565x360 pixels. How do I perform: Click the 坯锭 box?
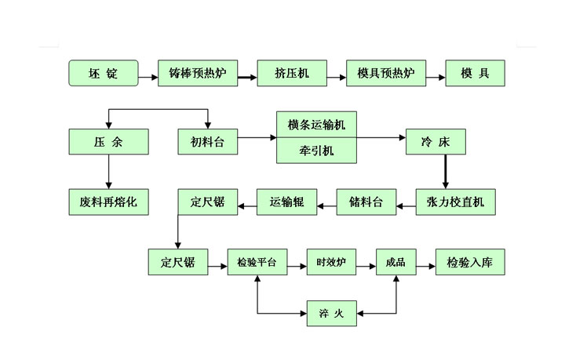[x=104, y=74]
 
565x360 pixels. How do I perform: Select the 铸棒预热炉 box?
[x=197, y=74]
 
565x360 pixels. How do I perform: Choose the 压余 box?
[x=108, y=143]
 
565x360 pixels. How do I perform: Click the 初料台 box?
[x=207, y=143]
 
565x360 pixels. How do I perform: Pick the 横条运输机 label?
[x=316, y=124]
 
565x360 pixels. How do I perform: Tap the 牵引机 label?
[x=316, y=151]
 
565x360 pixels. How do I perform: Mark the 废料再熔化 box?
[x=108, y=202]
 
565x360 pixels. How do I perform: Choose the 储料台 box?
[x=366, y=202]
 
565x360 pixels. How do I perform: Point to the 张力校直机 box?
[x=456, y=202]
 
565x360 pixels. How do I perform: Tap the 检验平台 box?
[x=257, y=262]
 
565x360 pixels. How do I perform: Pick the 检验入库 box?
[x=470, y=262]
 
